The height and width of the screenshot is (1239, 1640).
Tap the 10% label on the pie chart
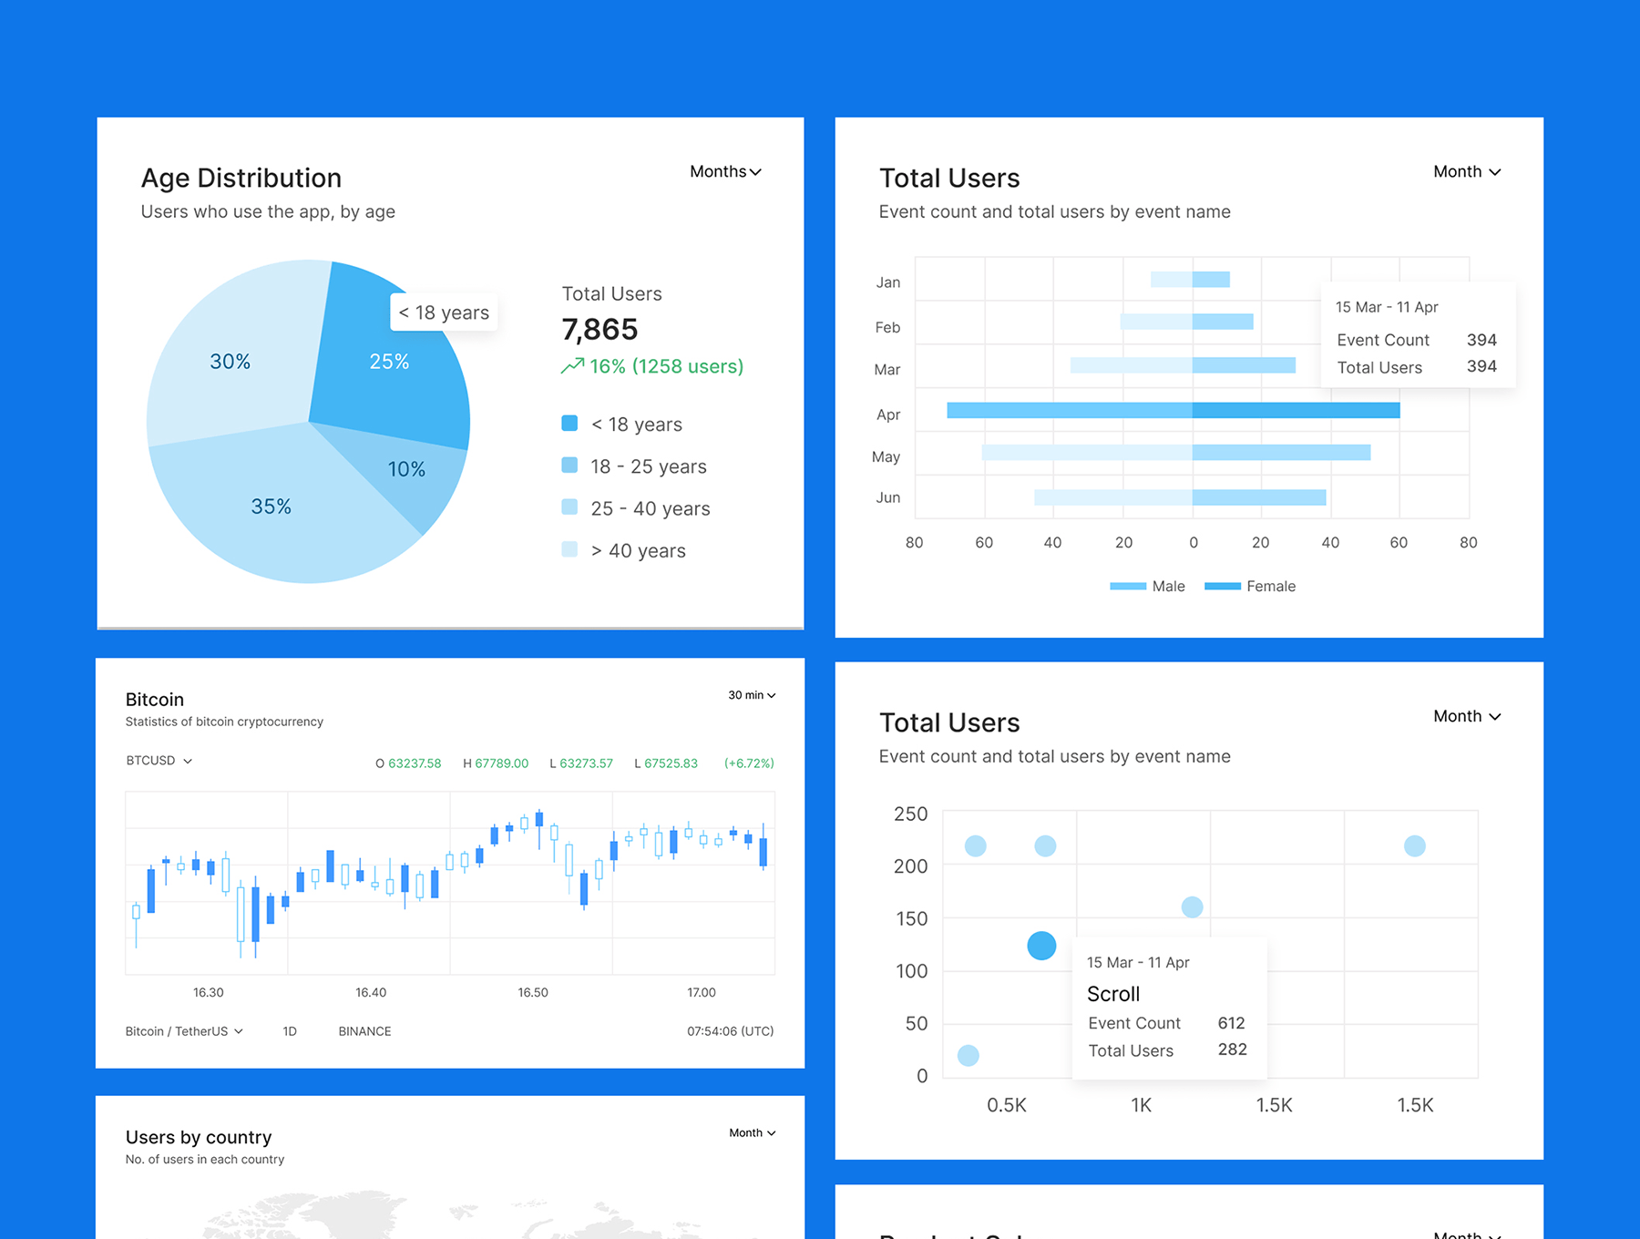pos(406,469)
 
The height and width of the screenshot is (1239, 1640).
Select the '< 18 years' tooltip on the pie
pos(444,312)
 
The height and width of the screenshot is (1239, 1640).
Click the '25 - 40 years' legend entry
pos(650,508)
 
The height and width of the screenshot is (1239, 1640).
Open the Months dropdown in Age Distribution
pos(725,171)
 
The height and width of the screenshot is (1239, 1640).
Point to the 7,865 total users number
pos(600,329)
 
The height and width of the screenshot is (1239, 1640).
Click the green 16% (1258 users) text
pos(666,366)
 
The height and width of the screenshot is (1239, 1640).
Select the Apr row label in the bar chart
pos(888,415)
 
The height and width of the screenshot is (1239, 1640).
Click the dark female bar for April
pos(1296,410)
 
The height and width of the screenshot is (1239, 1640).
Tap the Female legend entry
pos(1270,586)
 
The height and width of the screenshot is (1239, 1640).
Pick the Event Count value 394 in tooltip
pos(1481,340)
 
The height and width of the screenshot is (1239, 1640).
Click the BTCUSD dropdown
pos(159,761)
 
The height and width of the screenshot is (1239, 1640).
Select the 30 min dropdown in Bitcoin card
pos(752,695)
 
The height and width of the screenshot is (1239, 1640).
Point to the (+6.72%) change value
pos(749,763)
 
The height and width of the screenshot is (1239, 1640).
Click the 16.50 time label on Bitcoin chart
pos(533,992)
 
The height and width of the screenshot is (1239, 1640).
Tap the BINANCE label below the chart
pos(364,1031)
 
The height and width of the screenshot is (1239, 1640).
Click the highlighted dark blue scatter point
pos(1041,946)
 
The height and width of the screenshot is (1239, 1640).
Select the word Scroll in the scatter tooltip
pos(1113,994)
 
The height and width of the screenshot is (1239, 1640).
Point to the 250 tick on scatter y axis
pos(910,814)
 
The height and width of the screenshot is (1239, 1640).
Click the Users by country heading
pos(199,1137)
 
